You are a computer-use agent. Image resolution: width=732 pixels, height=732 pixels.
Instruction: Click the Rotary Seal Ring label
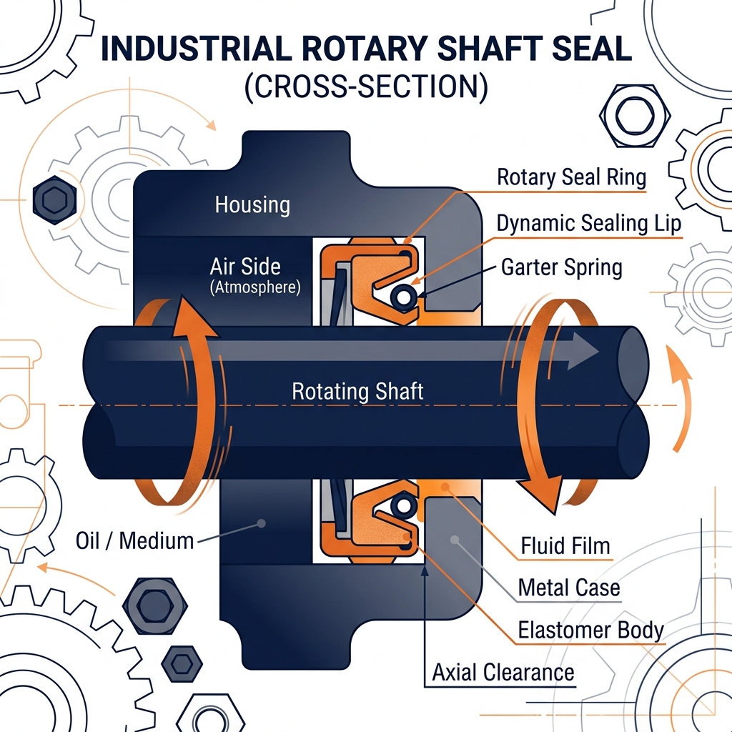(x=571, y=177)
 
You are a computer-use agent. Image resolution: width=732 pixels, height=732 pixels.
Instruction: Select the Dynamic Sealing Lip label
(x=589, y=223)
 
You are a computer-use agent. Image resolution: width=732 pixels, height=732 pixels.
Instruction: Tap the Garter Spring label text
(x=562, y=268)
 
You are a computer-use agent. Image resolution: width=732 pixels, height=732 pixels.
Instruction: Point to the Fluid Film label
(x=565, y=545)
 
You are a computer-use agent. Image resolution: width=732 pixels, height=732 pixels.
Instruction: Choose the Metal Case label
(x=569, y=588)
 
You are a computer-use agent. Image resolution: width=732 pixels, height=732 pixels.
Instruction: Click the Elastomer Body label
(x=590, y=630)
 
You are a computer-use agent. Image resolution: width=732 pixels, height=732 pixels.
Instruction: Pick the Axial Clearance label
(x=503, y=673)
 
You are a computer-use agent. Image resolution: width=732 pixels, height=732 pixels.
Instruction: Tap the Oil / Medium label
(x=134, y=541)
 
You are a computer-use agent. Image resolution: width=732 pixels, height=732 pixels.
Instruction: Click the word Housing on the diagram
(x=252, y=205)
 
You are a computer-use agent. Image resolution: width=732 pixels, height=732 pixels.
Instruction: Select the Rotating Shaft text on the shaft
(x=357, y=391)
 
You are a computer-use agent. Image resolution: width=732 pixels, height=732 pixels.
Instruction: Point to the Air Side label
(x=245, y=267)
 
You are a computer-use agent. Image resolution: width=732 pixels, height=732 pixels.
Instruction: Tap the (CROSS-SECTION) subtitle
(x=367, y=86)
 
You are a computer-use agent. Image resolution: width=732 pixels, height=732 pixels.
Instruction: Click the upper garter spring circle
(x=403, y=297)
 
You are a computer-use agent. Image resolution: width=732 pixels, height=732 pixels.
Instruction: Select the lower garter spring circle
(x=403, y=505)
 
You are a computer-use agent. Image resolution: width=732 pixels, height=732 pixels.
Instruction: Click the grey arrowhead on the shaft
(x=582, y=351)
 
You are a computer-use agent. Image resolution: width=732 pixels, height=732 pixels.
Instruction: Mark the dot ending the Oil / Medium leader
(x=262, y=523)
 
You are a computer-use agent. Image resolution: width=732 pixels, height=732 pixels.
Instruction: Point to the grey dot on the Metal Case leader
(x=454, y=540)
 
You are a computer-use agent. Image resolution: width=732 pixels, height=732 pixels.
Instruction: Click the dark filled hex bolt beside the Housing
(x=54, y=200)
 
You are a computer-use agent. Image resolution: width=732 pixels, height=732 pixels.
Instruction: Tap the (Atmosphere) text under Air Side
(x=255, y=287)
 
